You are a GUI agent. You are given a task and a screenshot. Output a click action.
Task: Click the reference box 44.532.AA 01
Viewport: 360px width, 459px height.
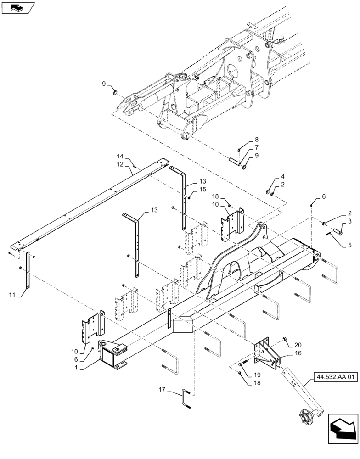coord(336,378)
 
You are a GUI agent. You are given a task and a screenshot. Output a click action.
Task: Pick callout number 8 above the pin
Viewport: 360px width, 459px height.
coord(257,140)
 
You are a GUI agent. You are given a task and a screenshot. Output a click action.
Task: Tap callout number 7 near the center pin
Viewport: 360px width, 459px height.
coord(257,147)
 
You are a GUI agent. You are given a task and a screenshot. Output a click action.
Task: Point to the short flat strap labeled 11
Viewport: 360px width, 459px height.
coord(28,271)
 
